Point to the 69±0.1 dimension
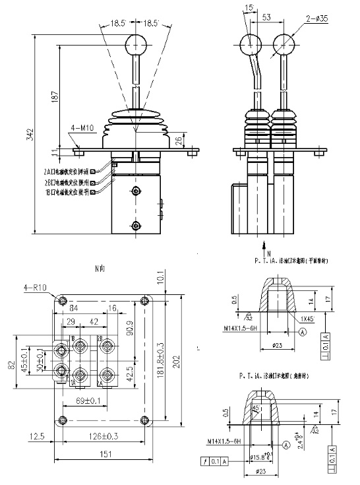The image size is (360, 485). (x=87, y=400)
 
